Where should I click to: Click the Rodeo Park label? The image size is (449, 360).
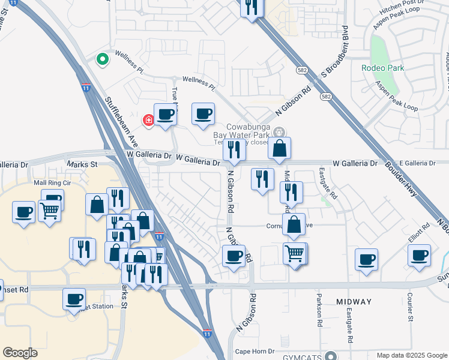[x=382, y=68]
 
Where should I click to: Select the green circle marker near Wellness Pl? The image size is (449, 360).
[x=102, y=59]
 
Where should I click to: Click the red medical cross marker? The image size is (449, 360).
[x=148, y=121]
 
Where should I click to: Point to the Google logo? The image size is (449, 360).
[x=20, y=353]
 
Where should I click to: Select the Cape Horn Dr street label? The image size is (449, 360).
[x=255, y=351]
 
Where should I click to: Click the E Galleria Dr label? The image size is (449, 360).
[x=416, y=163]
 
